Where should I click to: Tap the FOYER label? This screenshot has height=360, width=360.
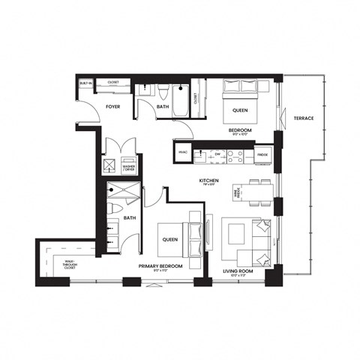pyautogui.click(x=113, y=107)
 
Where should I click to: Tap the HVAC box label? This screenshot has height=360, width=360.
pyautogui.click(x=183, y=152)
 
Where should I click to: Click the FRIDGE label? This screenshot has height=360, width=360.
pyautogui.click(x=262, y=157)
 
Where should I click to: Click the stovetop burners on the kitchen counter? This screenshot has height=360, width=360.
pyautogui.click(x=234, y=157)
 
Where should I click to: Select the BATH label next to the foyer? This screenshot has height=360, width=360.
pyautogui.click(x=162, y=107)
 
